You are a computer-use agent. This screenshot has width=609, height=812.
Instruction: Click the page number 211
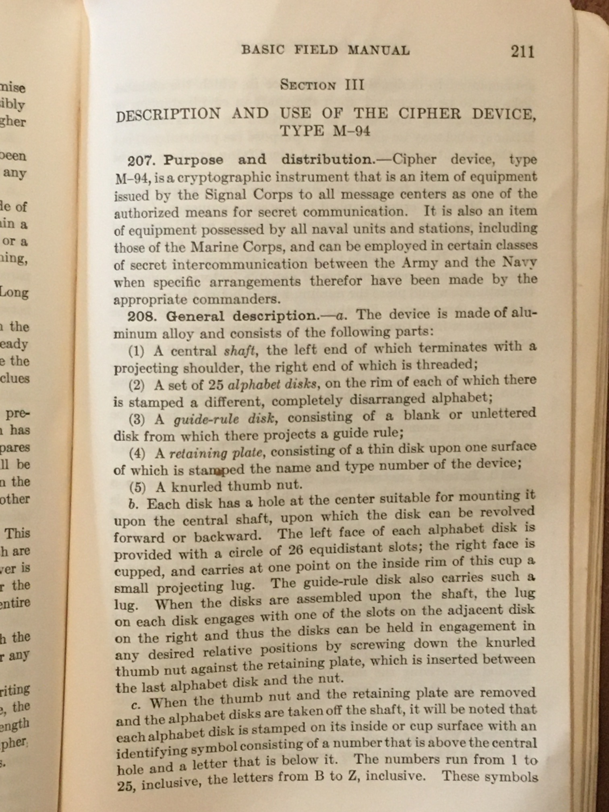point(522,52)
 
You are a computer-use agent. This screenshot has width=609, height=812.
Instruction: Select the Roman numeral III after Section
point(354,85)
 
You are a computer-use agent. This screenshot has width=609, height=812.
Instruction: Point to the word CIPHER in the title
point(429,114)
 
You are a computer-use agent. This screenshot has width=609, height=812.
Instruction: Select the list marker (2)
point(137,385)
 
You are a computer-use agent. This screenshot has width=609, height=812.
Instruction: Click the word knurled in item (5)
point(197,487)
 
